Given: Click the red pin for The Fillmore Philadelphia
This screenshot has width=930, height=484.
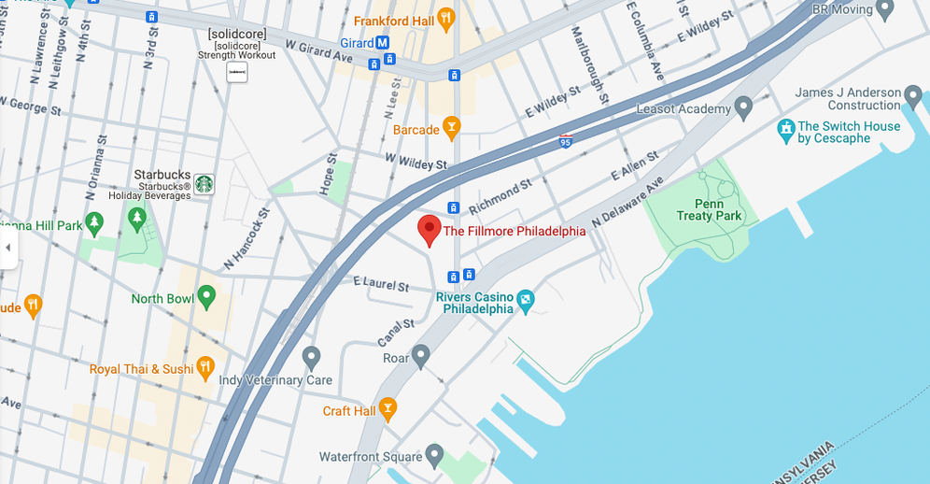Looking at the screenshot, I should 429,229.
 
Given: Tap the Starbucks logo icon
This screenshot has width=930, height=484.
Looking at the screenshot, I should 204,184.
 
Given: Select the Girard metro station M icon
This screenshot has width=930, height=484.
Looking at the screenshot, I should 383,43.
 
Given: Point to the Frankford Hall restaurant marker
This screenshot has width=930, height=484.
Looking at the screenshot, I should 446,18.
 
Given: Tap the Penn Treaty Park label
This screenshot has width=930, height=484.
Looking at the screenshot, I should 717,209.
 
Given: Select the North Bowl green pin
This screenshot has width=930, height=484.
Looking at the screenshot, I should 206,297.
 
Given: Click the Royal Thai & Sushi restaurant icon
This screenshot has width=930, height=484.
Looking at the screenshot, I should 205,367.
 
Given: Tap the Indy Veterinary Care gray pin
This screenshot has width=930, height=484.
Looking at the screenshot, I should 312,356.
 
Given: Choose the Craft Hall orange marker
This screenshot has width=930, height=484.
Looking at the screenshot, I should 387,408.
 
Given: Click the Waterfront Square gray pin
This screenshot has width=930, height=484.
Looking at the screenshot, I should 434,455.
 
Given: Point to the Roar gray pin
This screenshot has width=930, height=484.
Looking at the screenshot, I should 421,355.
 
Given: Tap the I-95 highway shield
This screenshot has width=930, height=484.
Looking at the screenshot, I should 566,141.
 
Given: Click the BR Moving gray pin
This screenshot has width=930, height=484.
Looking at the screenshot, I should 887,9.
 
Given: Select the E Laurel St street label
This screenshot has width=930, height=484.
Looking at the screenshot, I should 381,283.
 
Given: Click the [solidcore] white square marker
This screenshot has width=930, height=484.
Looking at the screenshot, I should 237,71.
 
